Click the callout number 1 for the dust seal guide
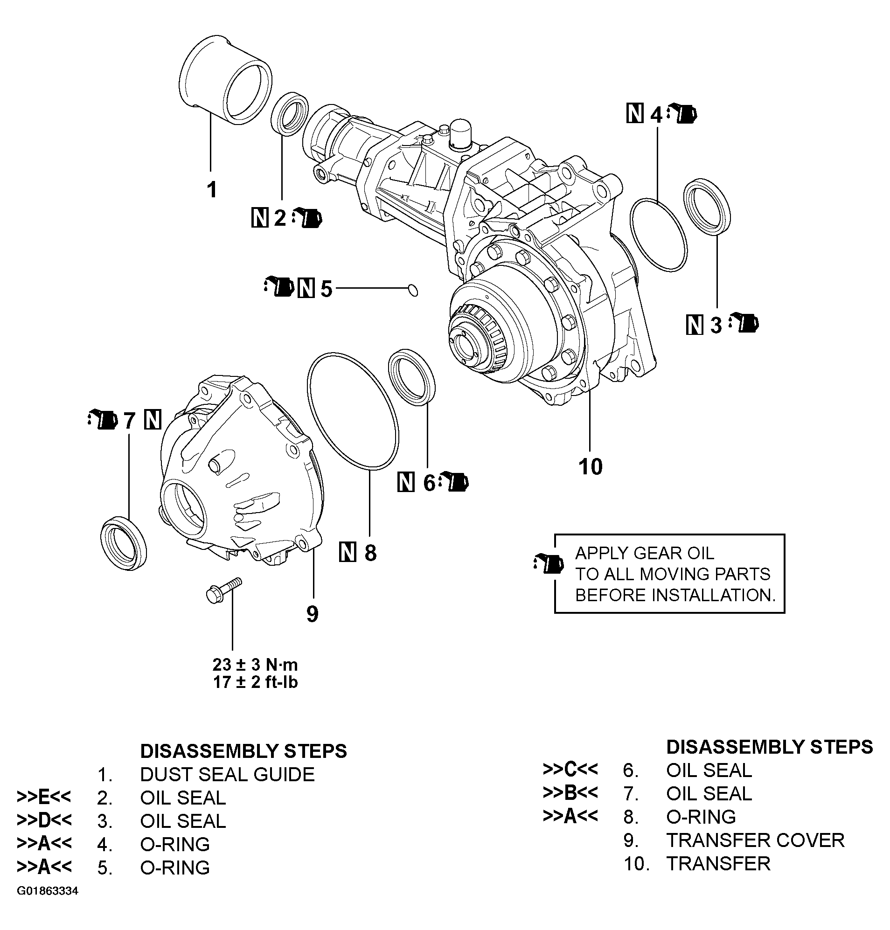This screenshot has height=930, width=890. point(212,190)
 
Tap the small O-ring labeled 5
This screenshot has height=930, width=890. point(413,289)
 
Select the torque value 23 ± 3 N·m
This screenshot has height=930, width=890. point(255,665)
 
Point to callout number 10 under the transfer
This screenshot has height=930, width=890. point(590,467)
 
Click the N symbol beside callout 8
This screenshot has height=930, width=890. point(348,553)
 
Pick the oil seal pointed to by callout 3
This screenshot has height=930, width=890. point(707,206)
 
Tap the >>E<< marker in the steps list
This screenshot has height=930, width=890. point(44,797)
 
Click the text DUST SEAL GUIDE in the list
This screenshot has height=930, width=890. point(227,774)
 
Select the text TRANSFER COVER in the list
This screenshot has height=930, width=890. point(755,840)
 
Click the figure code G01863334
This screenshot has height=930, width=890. point(48,891)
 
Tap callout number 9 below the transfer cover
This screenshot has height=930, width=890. point(312,614)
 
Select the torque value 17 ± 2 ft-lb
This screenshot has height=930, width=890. point(255,682)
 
